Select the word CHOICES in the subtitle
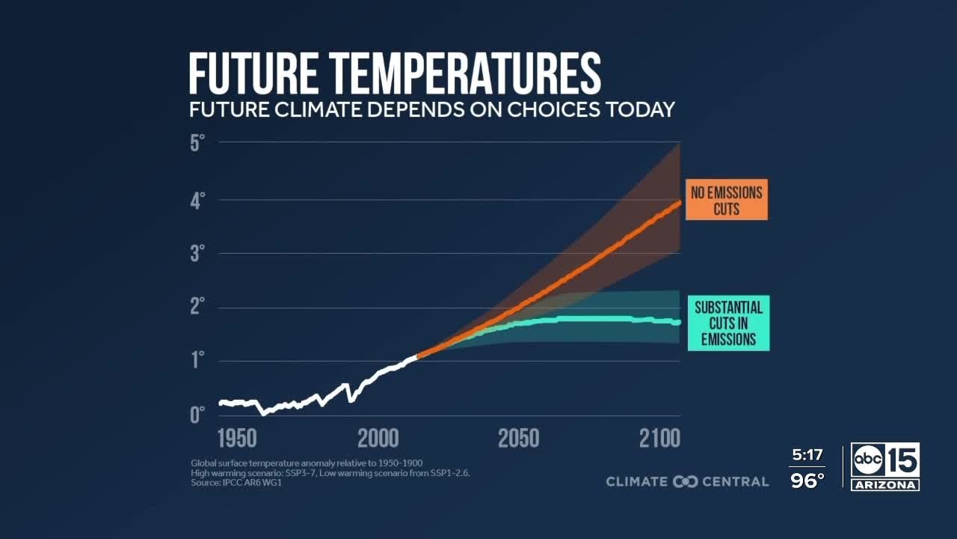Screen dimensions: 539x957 click(x=554, y=109)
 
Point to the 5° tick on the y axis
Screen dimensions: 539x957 click(x=197, y=142)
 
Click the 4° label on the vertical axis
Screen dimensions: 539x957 click(x=197, y=200)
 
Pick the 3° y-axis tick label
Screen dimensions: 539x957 click(x=197, y=254)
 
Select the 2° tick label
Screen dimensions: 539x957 click(x=197, y=308)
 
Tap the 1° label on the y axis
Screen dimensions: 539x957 click(x=197, y=362)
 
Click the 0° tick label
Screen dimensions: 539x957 click(x=197, y=415)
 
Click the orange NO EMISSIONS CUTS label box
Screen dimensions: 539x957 click(x=726, y=200)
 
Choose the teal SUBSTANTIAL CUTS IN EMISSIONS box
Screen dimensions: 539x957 click(x=728, y=323)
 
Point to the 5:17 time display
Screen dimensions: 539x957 click(x=807, y=455)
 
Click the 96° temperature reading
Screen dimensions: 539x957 click(x=807, y=481)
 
